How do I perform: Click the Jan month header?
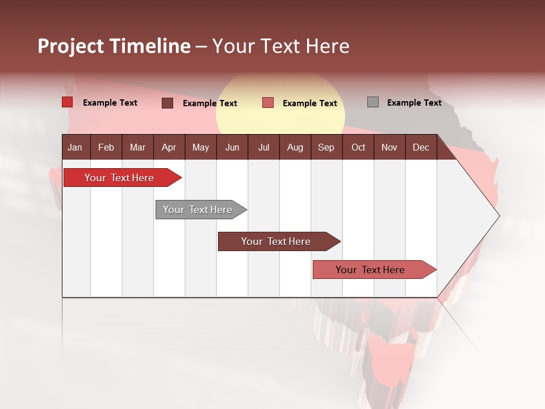[x=75, y=147]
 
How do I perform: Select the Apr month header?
[x=169, y=147]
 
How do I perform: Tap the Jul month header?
[x=263, y=147]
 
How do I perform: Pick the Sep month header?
[x=326, y=147]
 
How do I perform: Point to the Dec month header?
[x=421, y=147]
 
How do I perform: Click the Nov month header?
[x=389, y=147]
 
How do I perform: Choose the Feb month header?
[x=106, y=147]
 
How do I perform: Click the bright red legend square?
[x=68, y=102]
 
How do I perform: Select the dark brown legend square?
[x=167, y=103]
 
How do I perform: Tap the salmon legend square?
[x=268, y=103]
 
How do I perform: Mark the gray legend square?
[x=373, y=102]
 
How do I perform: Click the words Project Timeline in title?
[x=114, y=46]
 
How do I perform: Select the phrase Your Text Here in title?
[x=281, y=46]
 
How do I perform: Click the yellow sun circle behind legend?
[x=280, y=85]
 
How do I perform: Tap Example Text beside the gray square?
[x=414, y=103]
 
